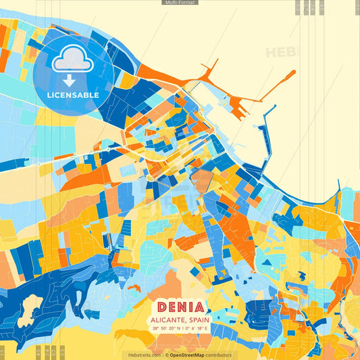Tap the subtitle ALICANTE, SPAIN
tap(180, 320)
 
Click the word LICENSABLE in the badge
tap(73, 95)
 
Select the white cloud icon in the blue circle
tap(73, 61)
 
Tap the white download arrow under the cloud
tap(73, 80)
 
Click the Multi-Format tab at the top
tap(180, 3)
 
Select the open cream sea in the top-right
tap(317, 101)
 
